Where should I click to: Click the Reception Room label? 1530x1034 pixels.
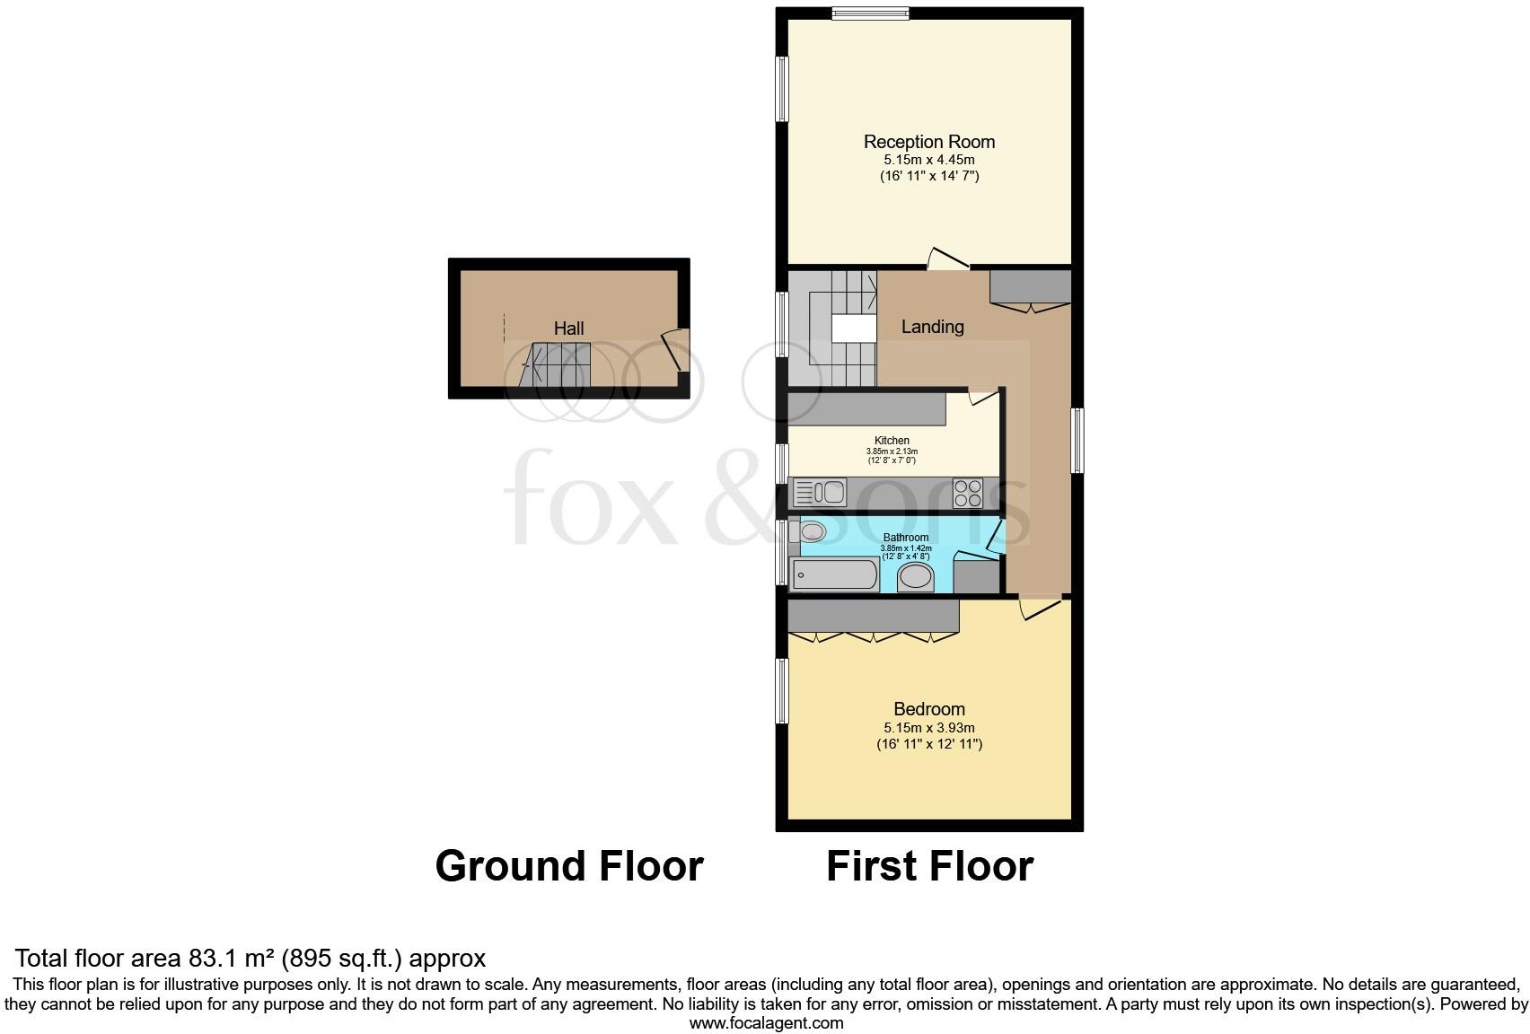pos(928,142)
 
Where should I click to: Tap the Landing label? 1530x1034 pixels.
pos(932,327)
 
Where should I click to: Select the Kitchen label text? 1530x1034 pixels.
pos(892,441)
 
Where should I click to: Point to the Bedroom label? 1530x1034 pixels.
pos(929,709)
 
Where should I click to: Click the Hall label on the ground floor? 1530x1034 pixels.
pos(568,329)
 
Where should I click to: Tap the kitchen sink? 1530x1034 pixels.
pos(819,493)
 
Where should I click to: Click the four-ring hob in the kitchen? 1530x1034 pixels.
pos(967,494)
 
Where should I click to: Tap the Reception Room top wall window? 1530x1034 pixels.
pos(869,13)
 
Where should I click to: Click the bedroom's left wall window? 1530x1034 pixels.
pos(782,690)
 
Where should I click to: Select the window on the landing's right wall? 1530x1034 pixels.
pos(1077,440)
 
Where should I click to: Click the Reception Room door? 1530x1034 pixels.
pos(947,259)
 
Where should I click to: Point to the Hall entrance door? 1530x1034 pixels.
pos(674,351)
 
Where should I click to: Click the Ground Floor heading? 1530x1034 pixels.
pos(568,866)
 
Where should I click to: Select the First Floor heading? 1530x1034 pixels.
pos(929,866)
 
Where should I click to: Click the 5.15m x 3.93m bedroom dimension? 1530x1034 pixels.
pos(929,728)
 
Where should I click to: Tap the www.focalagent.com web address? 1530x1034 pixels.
pos(766,1023)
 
